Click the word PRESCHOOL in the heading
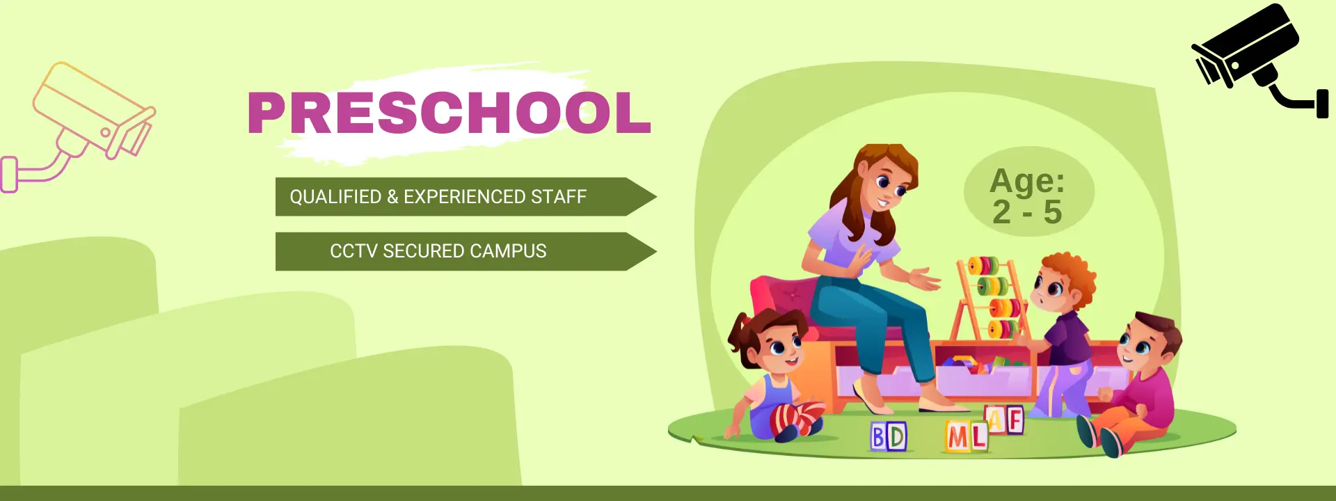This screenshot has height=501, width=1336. click(449, 113)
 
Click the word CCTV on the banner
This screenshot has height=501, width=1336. click(353, 251)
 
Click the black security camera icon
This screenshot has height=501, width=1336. click(1252, 59)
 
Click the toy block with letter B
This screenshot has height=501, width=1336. click(879, 437)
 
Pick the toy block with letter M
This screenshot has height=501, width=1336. click(958, 437)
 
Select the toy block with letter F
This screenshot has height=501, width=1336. click(1015, 420)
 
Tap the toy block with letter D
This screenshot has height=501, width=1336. click(897, 437)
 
